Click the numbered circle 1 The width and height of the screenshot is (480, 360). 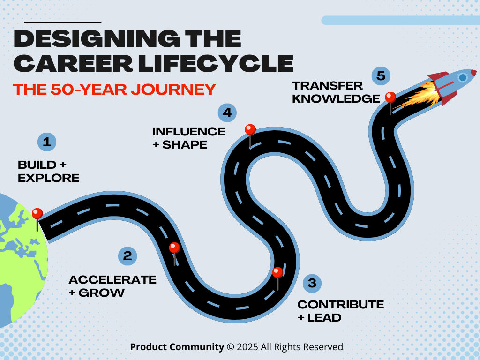point(47,142)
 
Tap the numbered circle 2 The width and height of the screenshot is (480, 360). point(127,255)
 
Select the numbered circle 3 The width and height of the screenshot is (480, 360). point(312,283)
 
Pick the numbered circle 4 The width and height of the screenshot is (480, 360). point(227,112)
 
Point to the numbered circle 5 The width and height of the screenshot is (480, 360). point(381,76)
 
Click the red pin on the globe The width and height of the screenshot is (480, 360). point(37,214)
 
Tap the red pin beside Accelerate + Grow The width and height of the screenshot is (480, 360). point(174,248)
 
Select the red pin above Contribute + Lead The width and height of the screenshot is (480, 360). point(277,272)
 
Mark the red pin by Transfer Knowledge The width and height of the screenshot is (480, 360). point(390,97)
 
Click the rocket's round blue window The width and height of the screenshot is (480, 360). point(463,77)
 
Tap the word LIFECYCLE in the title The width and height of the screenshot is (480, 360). point(208,63)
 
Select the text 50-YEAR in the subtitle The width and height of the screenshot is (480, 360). point(82,89)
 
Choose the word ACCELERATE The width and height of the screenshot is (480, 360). point(112,280)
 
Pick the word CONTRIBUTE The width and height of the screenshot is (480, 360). point(341,305)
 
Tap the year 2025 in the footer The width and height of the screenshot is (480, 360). point(247,347)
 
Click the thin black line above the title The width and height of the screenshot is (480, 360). point(62,22)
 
